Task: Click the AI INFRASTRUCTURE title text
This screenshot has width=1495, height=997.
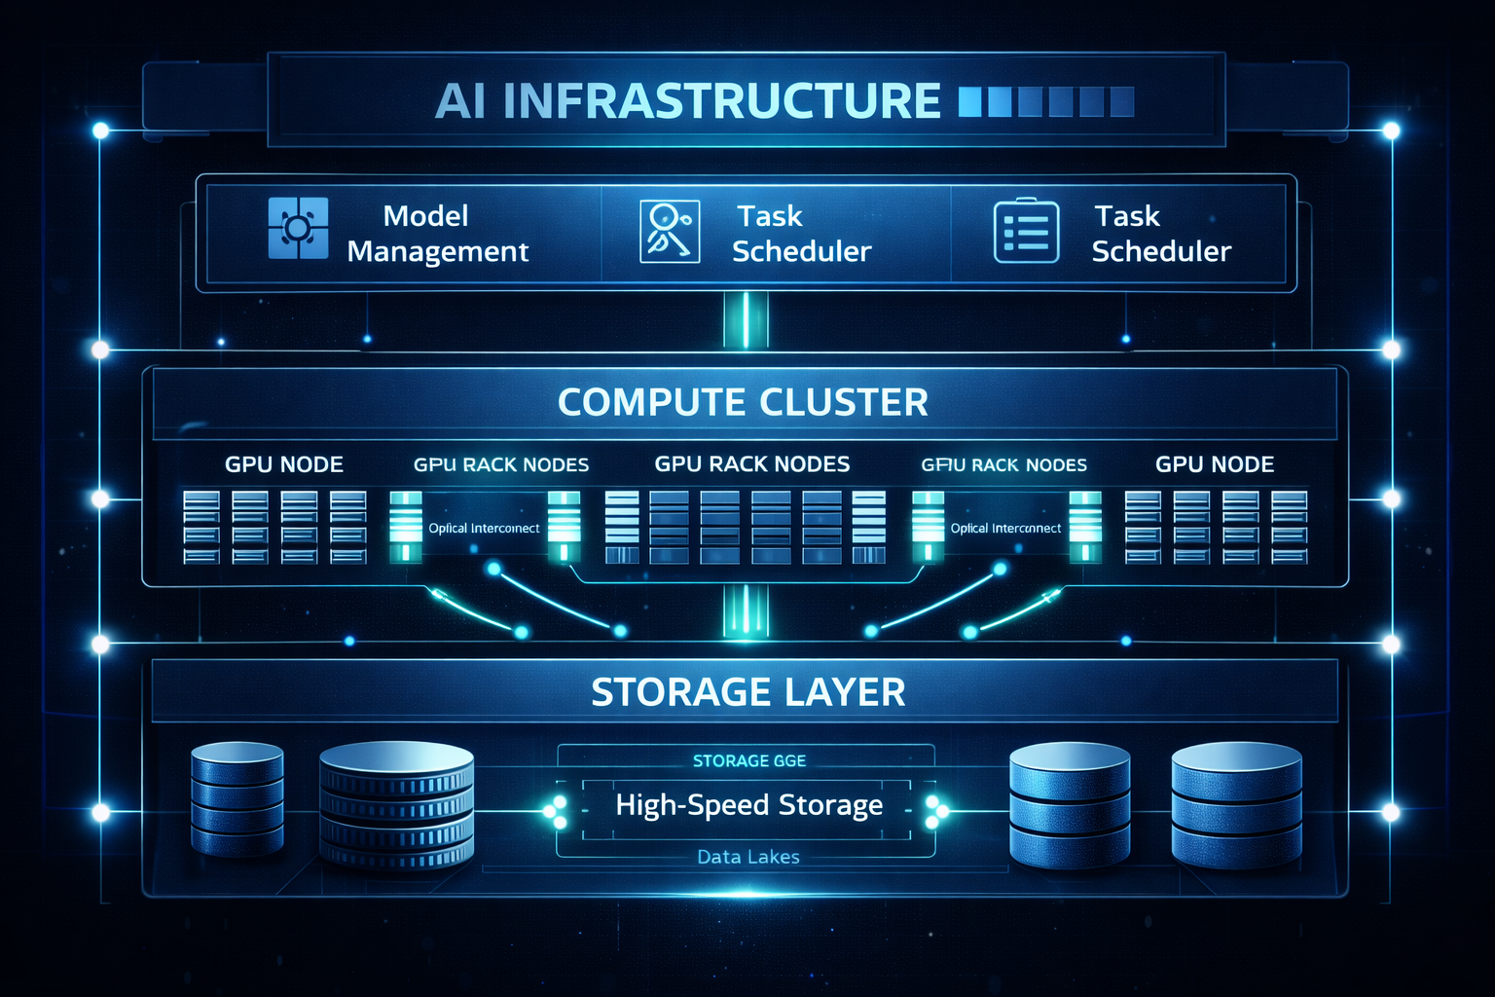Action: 687,101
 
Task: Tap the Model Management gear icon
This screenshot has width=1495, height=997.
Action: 298,229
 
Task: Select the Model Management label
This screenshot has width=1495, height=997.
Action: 437,234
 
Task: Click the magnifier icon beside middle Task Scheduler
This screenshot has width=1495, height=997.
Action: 670,231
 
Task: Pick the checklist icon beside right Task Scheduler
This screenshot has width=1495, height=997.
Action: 1026,232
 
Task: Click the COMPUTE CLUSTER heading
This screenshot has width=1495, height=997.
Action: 743,402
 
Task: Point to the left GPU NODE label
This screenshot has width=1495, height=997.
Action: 284,464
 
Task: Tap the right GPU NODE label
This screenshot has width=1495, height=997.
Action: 1214,464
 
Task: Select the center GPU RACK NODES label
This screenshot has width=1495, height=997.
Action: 751,464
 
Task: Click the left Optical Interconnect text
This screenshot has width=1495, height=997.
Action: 484,528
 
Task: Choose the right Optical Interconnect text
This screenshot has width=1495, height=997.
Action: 1005,528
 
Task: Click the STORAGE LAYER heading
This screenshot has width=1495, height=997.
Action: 747,692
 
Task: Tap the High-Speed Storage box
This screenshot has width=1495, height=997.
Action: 747,806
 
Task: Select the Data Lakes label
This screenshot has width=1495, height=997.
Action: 747,857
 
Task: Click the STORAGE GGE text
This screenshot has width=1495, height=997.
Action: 748,760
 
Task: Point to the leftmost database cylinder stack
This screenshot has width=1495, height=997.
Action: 237,798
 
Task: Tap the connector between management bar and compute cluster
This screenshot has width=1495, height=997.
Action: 747,320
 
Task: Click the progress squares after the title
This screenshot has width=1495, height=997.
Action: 1046,101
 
